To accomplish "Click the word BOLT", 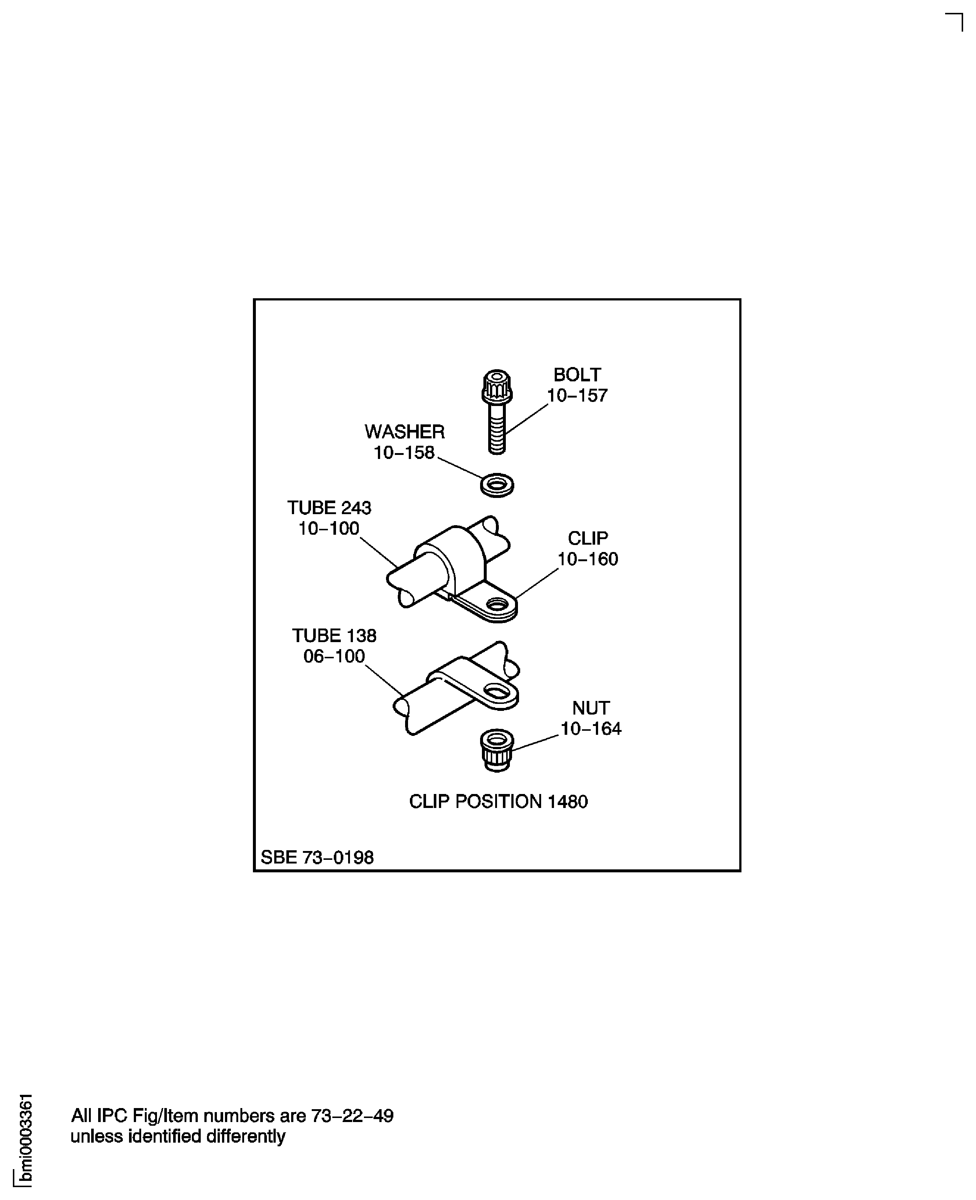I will (577, 374).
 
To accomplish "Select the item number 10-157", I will (577, 396).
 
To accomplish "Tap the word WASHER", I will (404, 432).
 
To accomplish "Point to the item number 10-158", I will (404, 453).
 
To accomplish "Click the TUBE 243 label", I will (329, 508).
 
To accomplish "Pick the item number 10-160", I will (587, 559).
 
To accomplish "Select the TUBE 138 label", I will (334, 635).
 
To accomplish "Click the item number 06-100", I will (334, 656).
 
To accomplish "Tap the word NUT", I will (591, 708).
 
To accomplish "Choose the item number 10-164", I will (591, 729).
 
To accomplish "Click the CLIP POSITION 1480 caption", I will (498, 802).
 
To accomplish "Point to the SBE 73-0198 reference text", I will (317, 858).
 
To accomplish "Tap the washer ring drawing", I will (497, 484).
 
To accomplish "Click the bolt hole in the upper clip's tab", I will (497, 605).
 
